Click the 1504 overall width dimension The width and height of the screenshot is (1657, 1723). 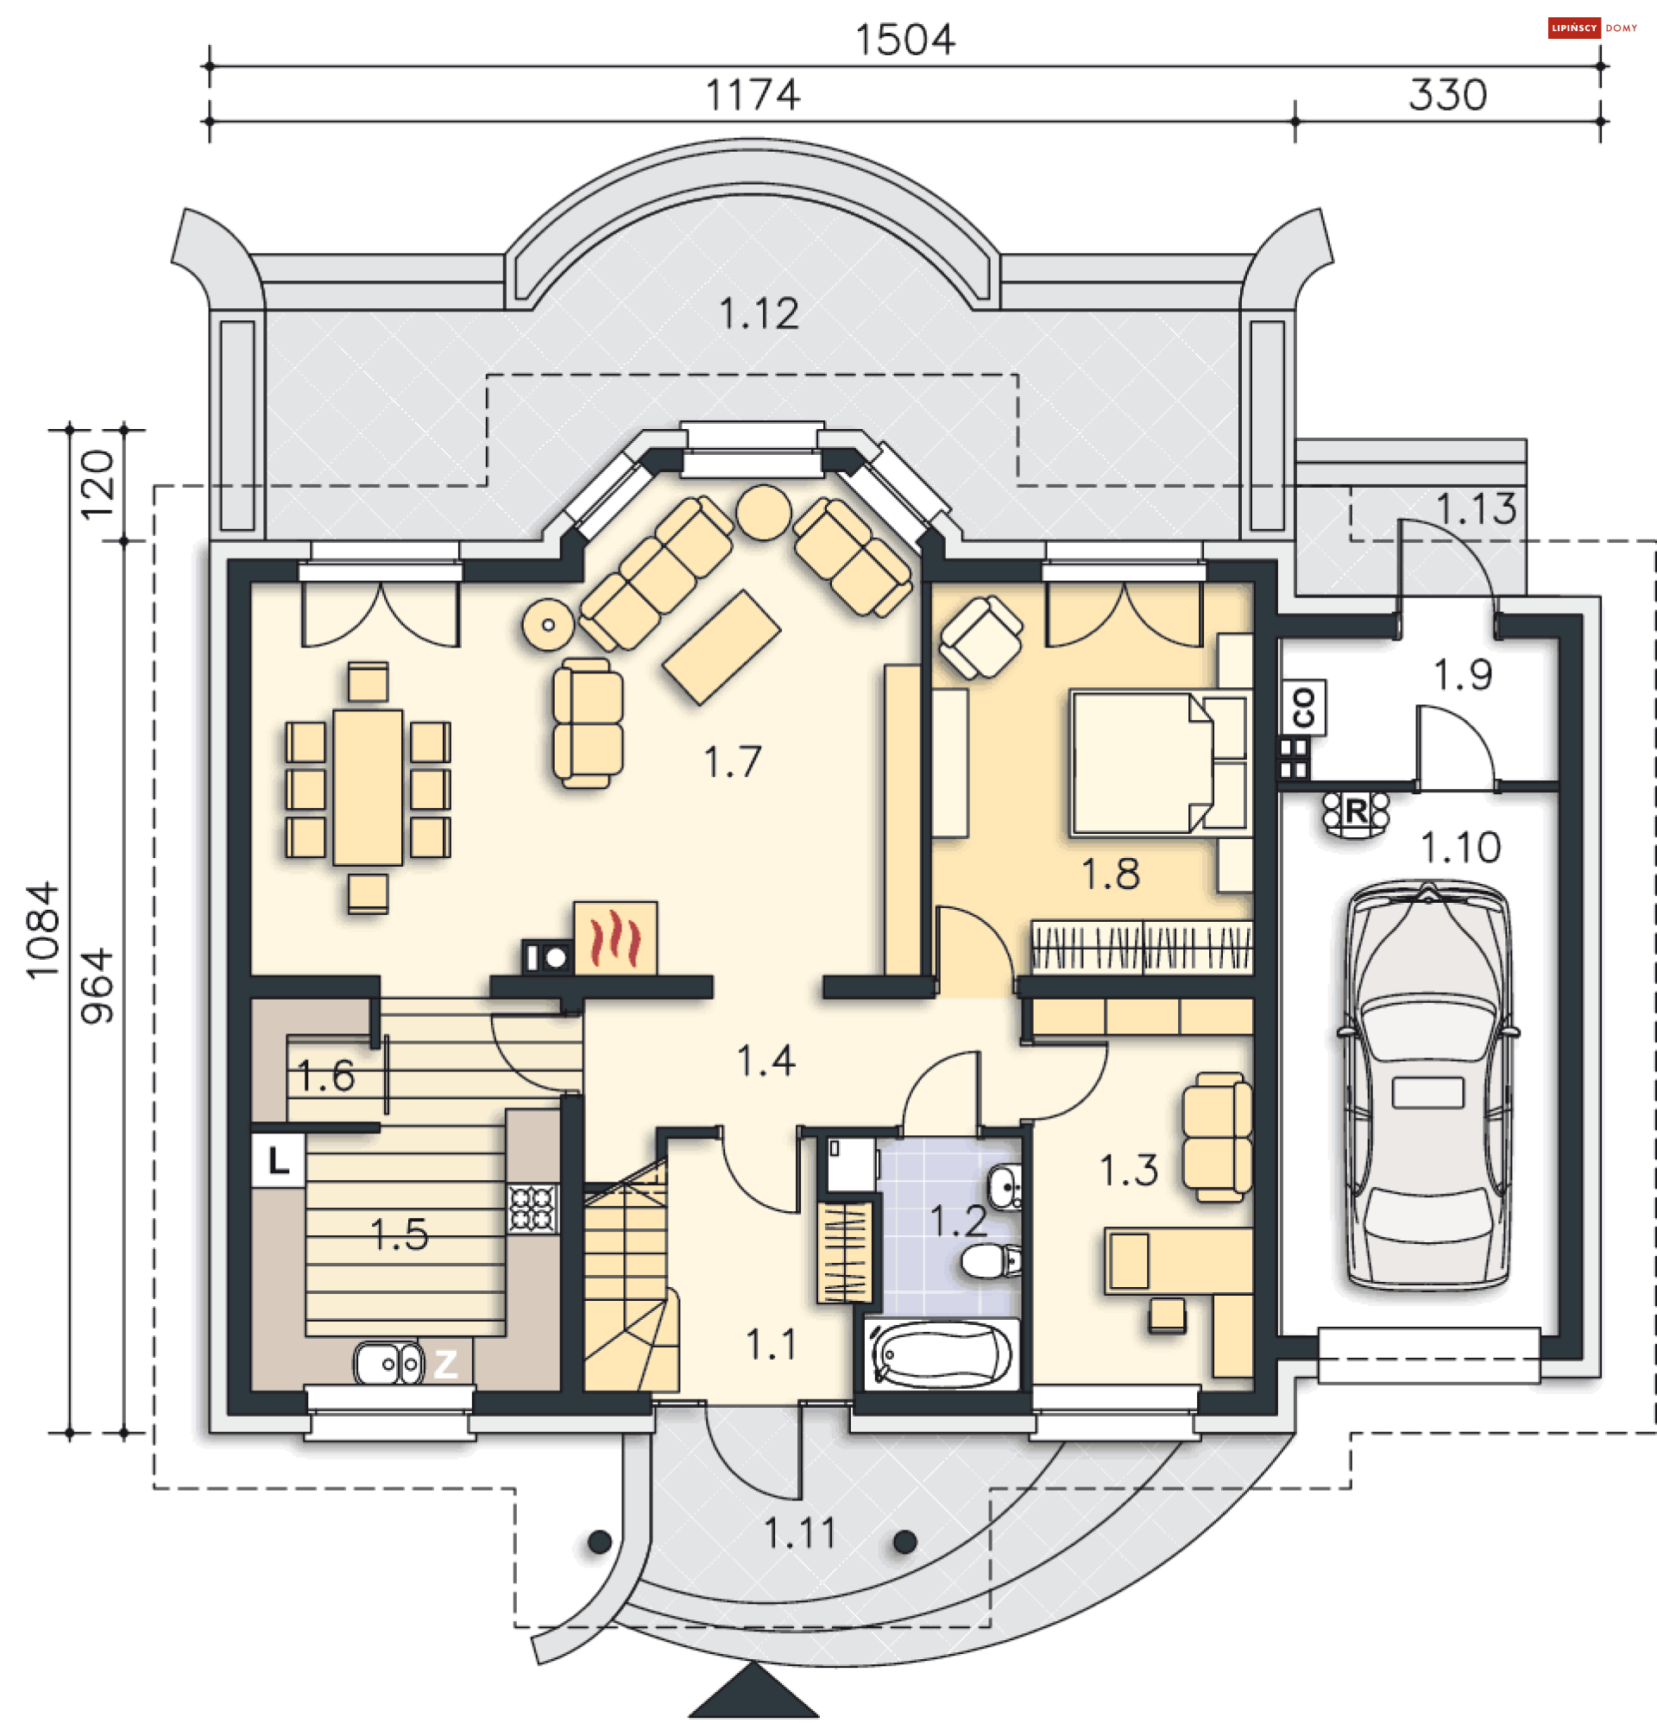coord(904,41)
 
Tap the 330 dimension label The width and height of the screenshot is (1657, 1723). coord(1447,95)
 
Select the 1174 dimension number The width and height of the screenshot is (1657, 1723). coord(753,95)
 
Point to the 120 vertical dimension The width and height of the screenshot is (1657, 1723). coord(97,484)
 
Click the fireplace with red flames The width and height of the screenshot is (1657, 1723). coord(614,938)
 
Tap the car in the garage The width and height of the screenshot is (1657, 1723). coord(1427,1086)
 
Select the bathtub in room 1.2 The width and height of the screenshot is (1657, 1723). coord(941,1354)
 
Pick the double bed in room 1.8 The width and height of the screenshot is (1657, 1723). coord(1156,762)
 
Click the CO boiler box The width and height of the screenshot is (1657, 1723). coord(1304,707)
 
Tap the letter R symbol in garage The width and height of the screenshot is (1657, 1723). coord(1356,811)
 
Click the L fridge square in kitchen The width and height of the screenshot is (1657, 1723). coord(278,1160)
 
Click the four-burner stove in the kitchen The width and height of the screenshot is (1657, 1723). coord(532,1209)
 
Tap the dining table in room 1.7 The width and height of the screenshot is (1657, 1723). coord(368,786)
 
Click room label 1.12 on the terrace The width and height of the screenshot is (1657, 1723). coord(759,314)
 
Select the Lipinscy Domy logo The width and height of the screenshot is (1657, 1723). coord(1591,28)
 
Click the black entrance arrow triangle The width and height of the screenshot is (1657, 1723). coord(753,1692)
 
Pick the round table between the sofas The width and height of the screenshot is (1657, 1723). coord(763,512)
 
